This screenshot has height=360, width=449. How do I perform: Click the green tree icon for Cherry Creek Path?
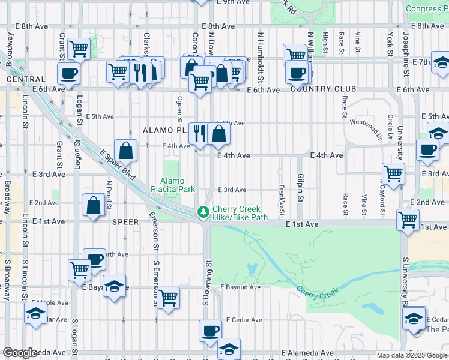204,212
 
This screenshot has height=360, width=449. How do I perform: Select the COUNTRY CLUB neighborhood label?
323,89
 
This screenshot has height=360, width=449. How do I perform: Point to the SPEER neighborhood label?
125,222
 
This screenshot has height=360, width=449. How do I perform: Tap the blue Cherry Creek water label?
318,291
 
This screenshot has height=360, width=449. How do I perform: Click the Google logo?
20,353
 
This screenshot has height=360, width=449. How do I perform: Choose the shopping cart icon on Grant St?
79,48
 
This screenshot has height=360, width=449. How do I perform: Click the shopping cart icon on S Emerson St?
169,297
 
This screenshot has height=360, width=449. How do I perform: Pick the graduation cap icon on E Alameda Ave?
229,348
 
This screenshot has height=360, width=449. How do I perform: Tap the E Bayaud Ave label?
240,287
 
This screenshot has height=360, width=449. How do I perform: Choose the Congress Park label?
426,8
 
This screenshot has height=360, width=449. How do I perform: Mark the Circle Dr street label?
391,125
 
